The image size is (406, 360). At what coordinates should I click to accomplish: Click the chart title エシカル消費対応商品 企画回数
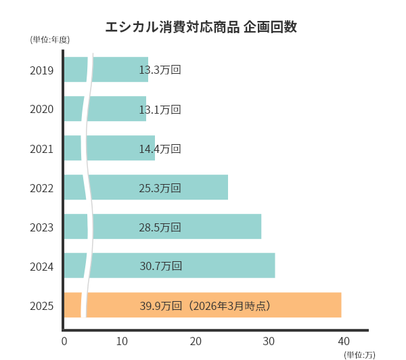[201, 28]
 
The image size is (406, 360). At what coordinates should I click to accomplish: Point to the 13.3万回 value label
[160, 70]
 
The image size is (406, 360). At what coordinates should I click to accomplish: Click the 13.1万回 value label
[160, 109]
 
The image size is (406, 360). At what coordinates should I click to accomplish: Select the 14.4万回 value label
[160, 148]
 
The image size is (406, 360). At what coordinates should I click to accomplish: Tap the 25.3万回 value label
[160, 187]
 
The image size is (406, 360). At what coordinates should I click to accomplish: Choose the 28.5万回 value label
[160, 227]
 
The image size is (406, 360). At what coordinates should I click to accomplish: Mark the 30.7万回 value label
[161, 266]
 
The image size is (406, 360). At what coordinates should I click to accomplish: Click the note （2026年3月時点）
[230, 306]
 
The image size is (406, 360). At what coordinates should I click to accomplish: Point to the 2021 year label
[42, 148]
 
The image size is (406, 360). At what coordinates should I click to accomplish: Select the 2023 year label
[42, 227]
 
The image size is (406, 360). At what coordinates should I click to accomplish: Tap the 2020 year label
[42, 109]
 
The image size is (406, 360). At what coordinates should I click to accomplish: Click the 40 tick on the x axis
[344, 341]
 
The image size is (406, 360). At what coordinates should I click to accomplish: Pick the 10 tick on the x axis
[122, 341]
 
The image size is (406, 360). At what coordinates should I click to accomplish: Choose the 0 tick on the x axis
[64, 341]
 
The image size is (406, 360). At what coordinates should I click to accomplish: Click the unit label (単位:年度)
[50, 39]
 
